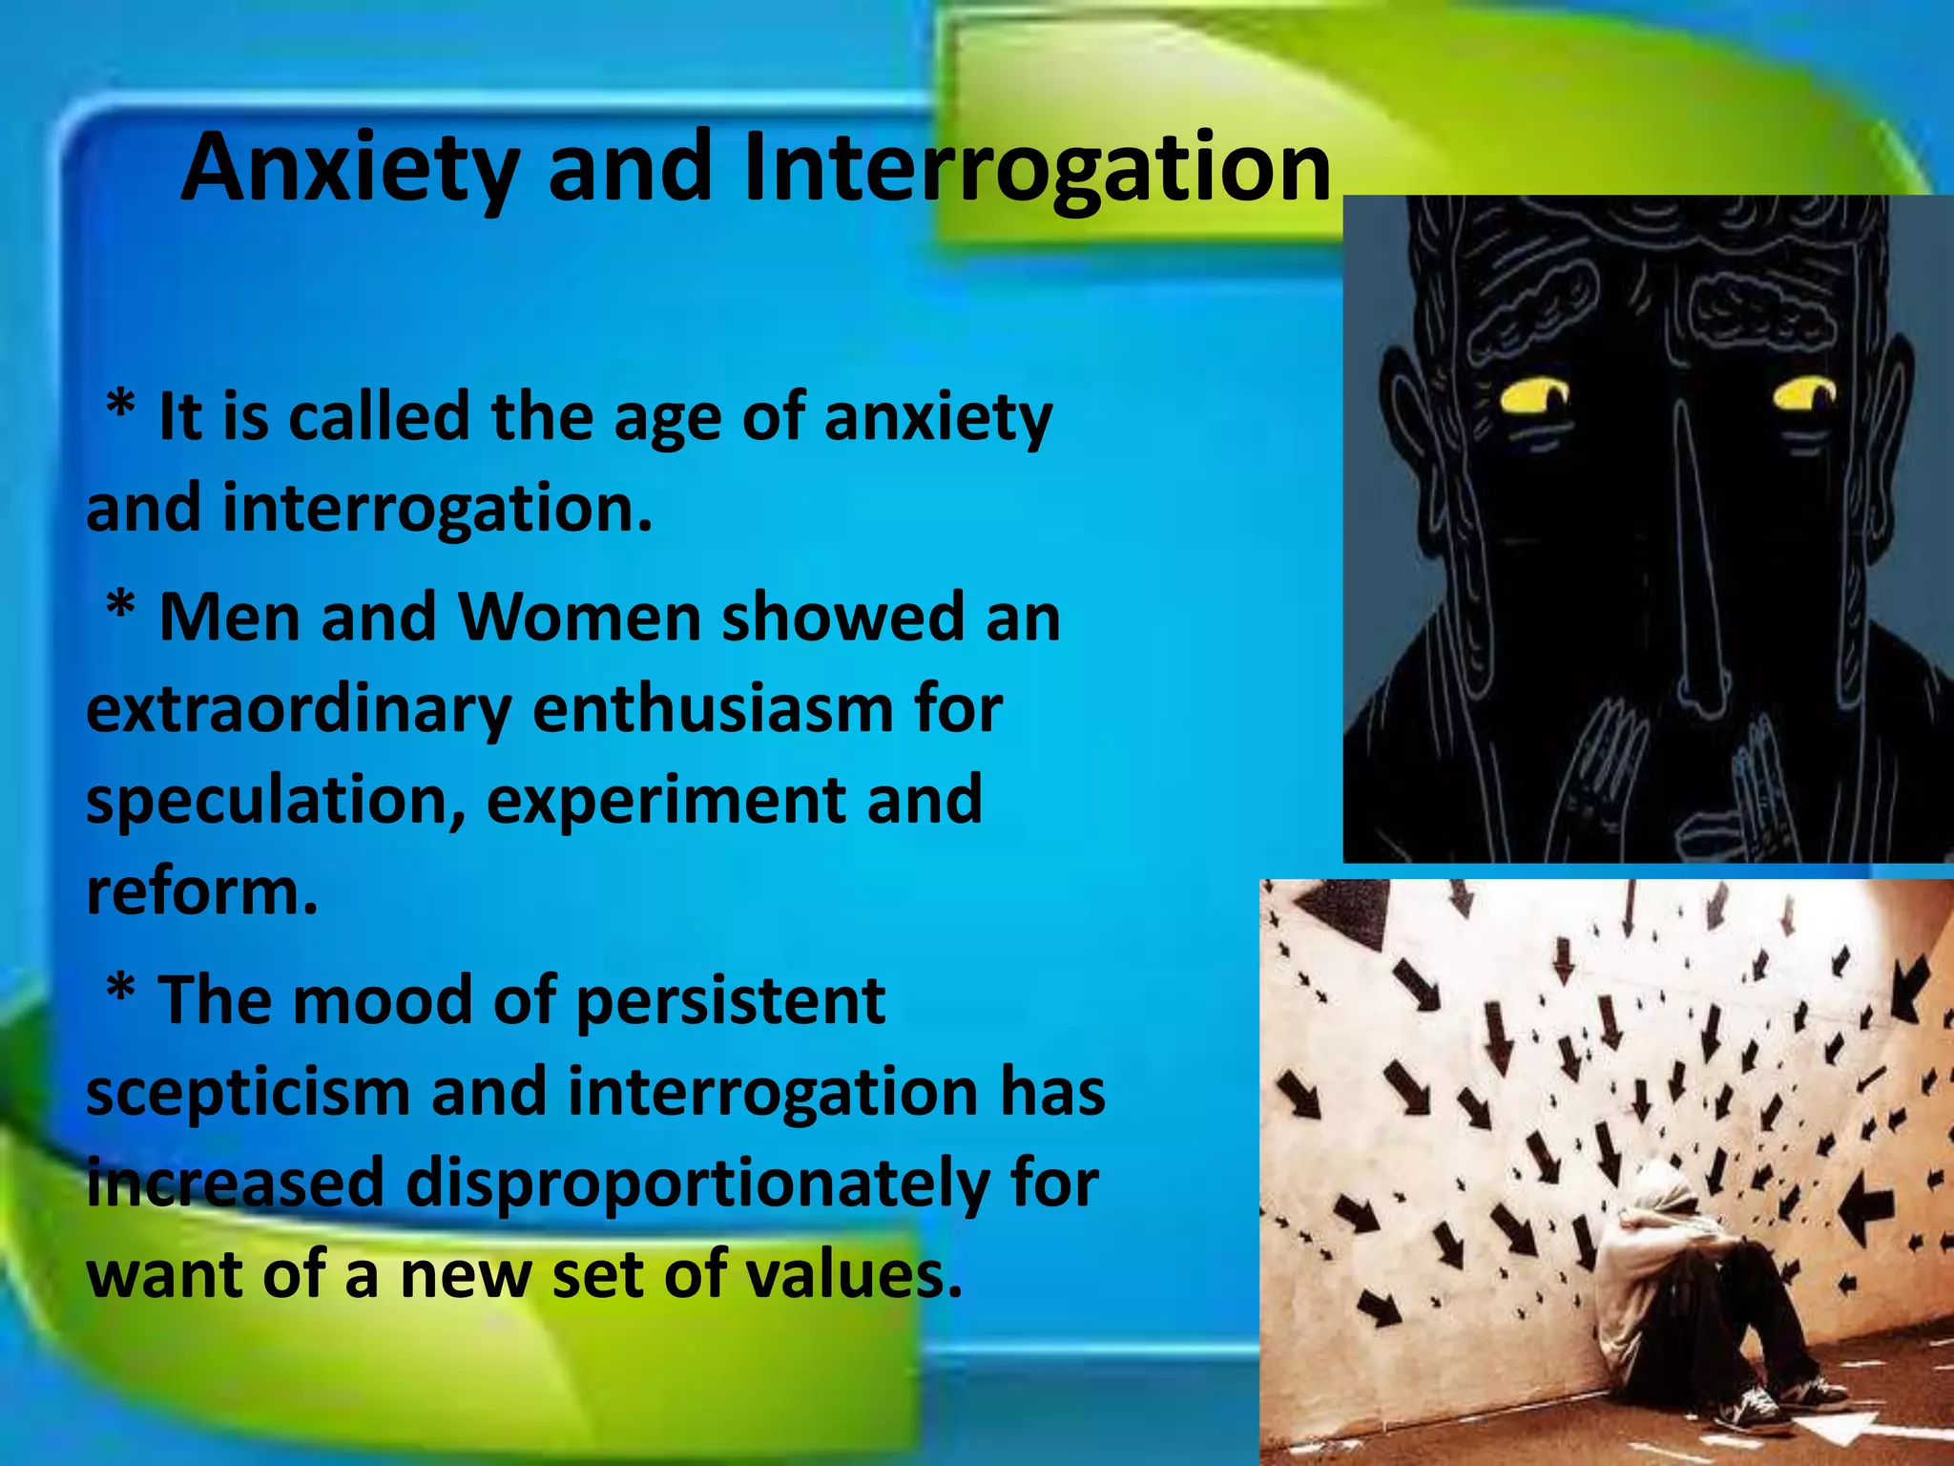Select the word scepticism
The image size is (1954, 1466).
click(x=248, y=1092)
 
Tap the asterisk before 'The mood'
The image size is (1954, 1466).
click(x=121, y=993)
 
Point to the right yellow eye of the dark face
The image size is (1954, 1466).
click(x=1805, y=394)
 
